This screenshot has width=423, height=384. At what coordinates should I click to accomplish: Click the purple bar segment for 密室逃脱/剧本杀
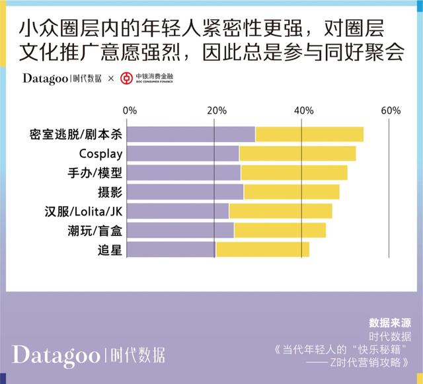[x=191, y=134]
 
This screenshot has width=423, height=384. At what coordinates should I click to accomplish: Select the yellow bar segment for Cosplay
[x=297, y=153]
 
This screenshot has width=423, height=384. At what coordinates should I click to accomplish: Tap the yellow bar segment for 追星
[x=262, y=250]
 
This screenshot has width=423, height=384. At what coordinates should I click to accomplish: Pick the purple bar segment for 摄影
[x=185, y=192]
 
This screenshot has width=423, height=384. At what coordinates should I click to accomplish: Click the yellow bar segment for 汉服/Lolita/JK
[x=280, y=211]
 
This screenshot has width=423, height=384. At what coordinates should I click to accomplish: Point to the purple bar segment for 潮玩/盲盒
[x=180, y=231]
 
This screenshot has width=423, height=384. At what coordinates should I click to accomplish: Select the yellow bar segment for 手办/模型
[x=294, y=173]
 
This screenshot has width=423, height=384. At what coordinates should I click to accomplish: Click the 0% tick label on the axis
[x=130, y=110]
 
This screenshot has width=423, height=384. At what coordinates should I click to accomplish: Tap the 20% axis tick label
[x=216, y=110]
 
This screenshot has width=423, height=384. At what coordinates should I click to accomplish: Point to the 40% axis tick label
[x=303, y=110]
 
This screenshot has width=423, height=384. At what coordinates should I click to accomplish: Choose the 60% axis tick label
[x=390, y=110]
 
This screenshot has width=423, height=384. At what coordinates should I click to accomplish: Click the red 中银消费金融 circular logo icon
[x=126, y=79]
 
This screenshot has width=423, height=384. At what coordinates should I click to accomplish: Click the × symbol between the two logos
[x=110, y=79]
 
